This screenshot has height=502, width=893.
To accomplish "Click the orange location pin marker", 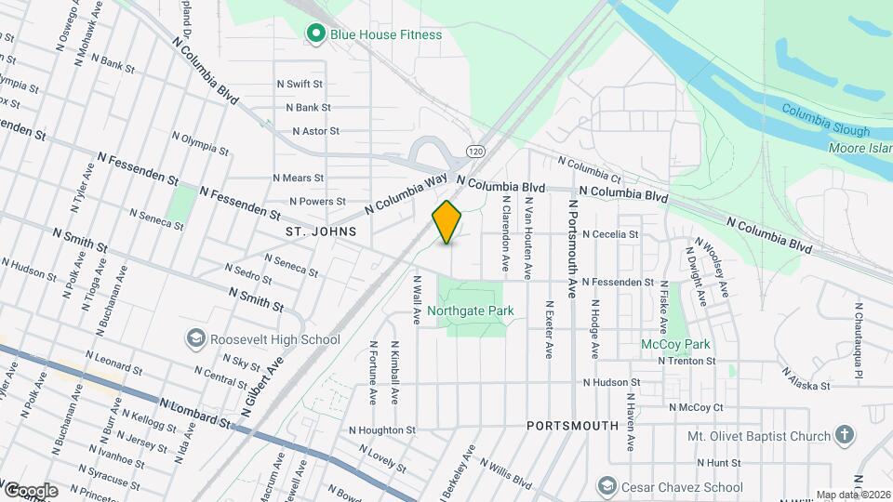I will point(447,222).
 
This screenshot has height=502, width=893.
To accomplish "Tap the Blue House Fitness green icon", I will point(316,34).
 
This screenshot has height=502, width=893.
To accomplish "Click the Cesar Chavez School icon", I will point(607,486).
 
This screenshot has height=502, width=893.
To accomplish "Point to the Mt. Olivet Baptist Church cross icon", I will point(844,435).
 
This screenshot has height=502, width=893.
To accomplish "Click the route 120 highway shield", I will point(476,151).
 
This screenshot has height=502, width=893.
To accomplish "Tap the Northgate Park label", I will point(473,310).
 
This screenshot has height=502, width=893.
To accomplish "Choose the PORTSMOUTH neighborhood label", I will point(572,426).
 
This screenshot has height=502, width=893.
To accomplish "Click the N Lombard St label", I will point(196,413).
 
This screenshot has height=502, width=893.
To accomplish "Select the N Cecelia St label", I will point(610,235).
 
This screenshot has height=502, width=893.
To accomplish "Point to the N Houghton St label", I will point(382,430).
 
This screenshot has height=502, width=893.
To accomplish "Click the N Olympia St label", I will point(200,141).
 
